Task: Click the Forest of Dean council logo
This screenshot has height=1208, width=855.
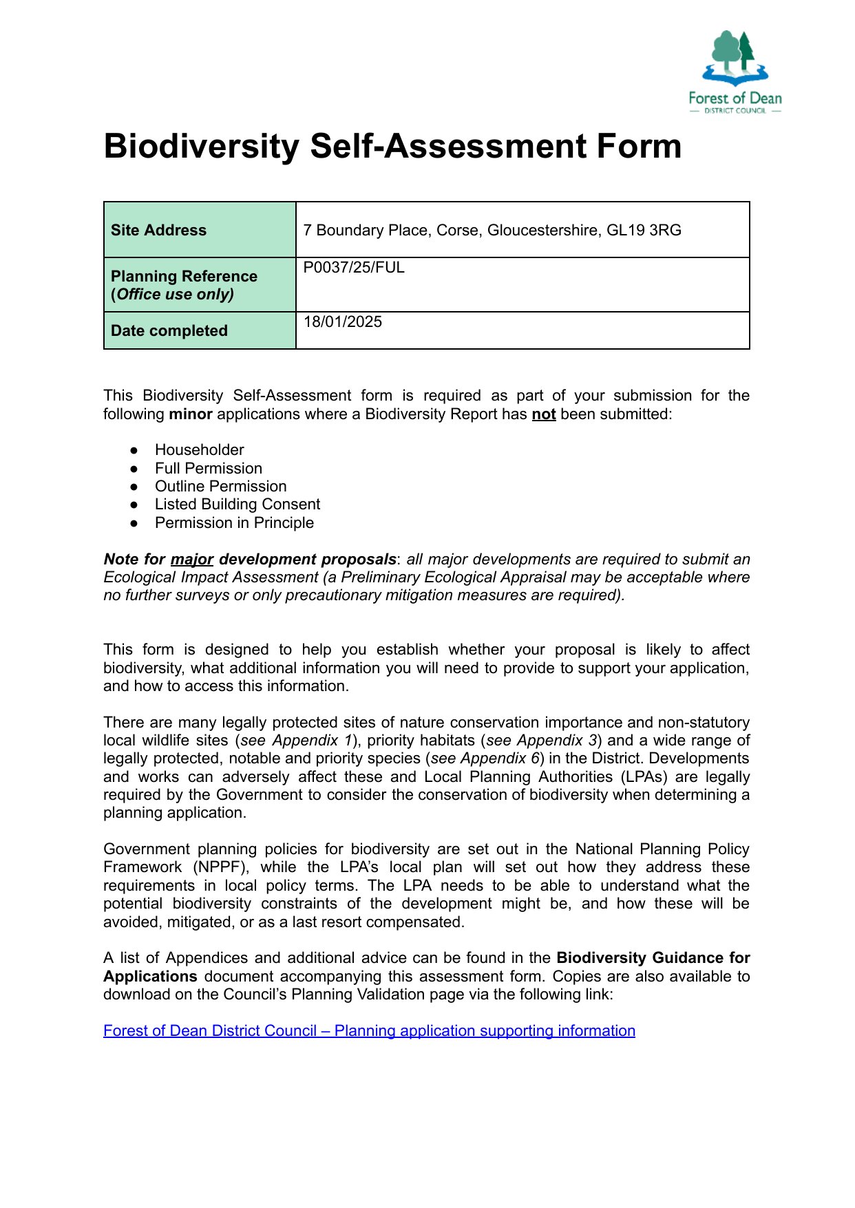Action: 735,72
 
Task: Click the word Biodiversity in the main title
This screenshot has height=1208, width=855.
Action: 201,147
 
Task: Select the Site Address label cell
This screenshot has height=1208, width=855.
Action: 158,230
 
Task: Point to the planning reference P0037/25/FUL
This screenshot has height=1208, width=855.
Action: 354,267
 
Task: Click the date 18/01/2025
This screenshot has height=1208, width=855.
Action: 342,321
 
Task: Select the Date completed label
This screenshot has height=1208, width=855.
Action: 169,330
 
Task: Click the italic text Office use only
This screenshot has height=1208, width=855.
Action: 175,294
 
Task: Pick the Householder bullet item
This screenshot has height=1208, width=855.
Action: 199,449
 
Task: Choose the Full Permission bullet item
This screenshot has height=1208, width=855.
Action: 208,468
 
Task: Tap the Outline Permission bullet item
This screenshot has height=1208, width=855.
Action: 220,486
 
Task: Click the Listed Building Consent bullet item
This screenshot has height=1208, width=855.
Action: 237,504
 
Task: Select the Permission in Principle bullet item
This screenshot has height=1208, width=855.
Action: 234,522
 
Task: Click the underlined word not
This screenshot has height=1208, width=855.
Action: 543,414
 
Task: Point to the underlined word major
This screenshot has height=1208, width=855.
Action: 191,559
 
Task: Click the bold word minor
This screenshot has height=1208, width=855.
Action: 191,414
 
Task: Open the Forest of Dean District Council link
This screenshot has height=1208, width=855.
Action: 369,1030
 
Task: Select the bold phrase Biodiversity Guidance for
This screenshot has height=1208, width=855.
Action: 653,957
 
